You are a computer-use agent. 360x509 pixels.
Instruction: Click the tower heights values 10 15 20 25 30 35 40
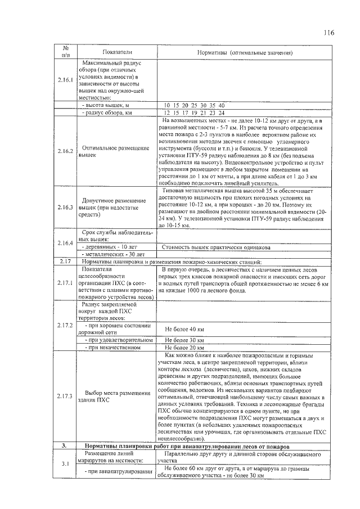click(x=194, y=105)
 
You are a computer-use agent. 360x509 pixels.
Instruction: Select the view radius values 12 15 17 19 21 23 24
click(x=194, y=112)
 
